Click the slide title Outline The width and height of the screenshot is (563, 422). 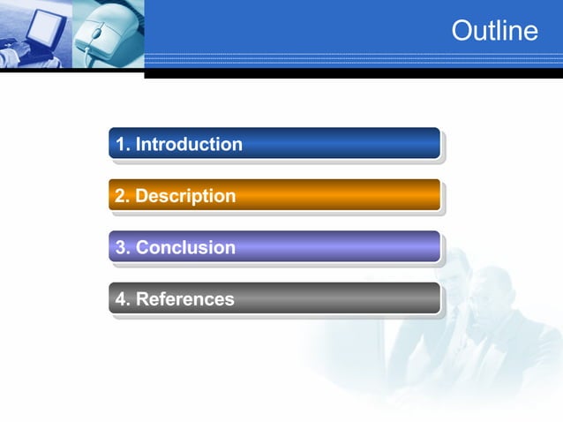click(494, 31)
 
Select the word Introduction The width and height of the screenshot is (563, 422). click(189, 144)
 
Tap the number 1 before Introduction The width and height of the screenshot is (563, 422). click(121, 144)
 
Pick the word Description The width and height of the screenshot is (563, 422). click(185, 196)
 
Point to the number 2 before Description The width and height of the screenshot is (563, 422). click(121, 196)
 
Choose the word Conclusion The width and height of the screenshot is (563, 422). click(185, 247)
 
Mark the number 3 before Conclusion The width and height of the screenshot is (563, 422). click(121, 247)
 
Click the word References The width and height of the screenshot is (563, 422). click(184, 299)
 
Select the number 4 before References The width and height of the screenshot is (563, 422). click(121, 299)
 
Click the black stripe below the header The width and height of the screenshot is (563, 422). click(353, 74)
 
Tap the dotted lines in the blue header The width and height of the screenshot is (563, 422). click(353, 60)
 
